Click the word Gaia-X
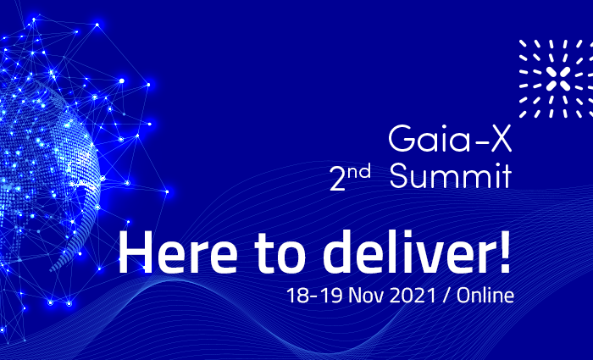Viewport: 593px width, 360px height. pyautogui.click(x=450, y=138)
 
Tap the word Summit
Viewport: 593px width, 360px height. pyautogui.click(x=451, y=175)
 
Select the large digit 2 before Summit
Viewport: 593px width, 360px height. pyautogui.click(x=338, y=179)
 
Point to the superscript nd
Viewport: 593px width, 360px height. pyautogui.click(x=360, y=172)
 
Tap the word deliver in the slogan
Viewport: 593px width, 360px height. pyautogui.click(x=407, y=251)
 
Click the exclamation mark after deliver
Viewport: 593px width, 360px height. pyautogui.click(x=505, y=252)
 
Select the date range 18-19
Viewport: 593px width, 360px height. pyautogui.click(x=314, y=296)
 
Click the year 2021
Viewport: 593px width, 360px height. pyautogui.click(x=413, y=296)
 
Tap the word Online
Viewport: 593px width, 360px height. pyautogui.click(x=485, y=295)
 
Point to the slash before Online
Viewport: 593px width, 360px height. pyautogui.click(x=446, y=296)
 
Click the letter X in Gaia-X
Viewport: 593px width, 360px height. pyautogui.click(x=500, y=138)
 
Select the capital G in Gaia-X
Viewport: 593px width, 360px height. pyautogui.click(x=402, y=139)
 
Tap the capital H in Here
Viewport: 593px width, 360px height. pyautogui.click(x=136, y=252)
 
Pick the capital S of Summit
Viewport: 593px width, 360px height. pyautogui.click(x=399, y=175)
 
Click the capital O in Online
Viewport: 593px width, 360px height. pyautogui.click(x=463, y=296)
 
